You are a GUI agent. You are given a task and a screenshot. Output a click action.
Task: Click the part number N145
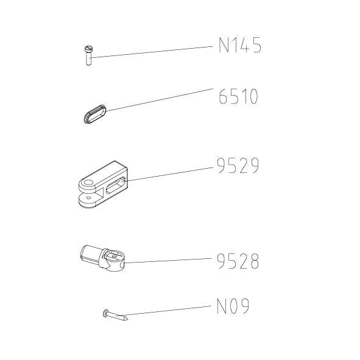tap(240, 45)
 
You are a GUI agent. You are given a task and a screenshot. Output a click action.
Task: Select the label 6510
tap(238, 97)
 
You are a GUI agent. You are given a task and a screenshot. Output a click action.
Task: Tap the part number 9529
tap(238, 165)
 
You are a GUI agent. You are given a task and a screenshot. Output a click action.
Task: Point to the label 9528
tap(238, 261)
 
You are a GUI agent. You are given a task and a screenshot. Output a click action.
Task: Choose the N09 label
tap(233, 306)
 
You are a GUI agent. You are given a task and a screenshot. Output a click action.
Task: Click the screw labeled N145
tap(88, 55)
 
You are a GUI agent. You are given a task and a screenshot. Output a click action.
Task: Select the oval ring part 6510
tap(95, 114)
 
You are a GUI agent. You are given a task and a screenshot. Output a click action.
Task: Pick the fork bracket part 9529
tap(103, 185)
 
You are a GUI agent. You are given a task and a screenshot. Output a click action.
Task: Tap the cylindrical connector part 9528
tap(102, 258)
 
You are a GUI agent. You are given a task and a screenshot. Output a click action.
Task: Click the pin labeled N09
tap(115, 315)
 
